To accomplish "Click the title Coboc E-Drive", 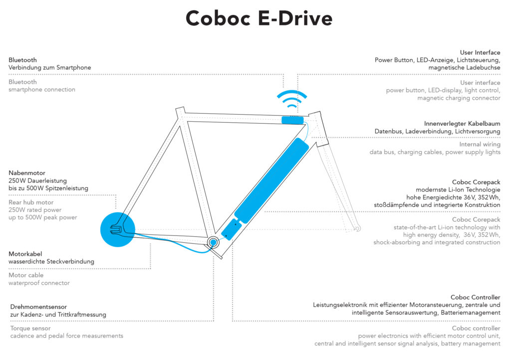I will [258, 19].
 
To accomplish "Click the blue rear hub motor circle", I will [118, 230].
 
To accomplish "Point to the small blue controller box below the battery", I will [231, 230].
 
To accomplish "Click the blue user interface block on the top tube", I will [292, 120].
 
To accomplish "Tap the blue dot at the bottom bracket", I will [213, 242].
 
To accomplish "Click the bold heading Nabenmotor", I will [27, 173].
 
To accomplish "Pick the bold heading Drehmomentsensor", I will [38, 307].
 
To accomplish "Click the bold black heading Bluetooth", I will [22, 60].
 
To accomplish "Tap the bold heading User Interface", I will [480, 52].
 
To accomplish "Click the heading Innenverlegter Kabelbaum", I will [462, 123].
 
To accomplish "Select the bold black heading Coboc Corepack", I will [476, 182].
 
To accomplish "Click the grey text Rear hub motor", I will [31, 202].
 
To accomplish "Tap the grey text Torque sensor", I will [31, 328].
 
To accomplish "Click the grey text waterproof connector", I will [39, 283].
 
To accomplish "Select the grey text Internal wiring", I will [480, 145].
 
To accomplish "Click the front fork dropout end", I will [356, 229].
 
